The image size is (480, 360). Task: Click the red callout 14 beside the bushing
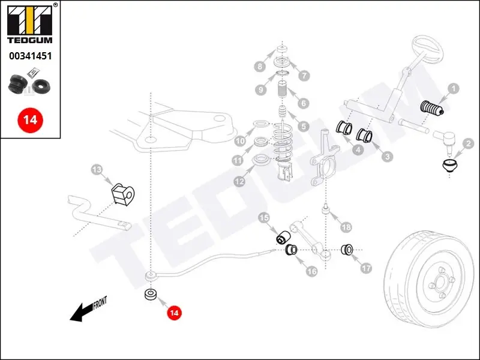[174, 313]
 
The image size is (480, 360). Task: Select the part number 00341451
[30, 56]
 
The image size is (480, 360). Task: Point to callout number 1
[454, 89]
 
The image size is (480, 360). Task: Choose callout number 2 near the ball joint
[469, 144]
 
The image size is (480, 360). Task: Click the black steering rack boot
[430, 109]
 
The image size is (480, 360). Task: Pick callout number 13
[97, 170]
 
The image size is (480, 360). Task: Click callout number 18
[345, 227]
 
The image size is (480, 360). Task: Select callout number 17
[366, 269]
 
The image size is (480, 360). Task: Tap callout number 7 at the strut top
[304, 76]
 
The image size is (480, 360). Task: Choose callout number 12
[239, 180]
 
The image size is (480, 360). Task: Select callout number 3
[388, 157]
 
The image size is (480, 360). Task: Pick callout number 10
[239, 142]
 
